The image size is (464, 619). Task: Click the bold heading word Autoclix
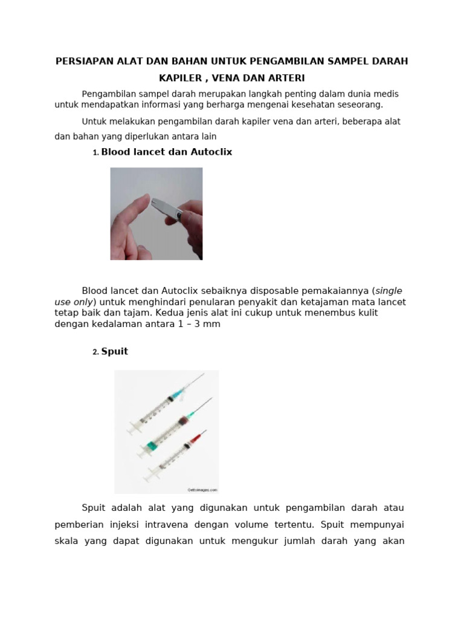pos(211,152)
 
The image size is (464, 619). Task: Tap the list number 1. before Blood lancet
pos(95,153)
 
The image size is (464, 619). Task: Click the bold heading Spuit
pos(115,351)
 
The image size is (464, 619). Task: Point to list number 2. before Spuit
pos(95,352)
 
